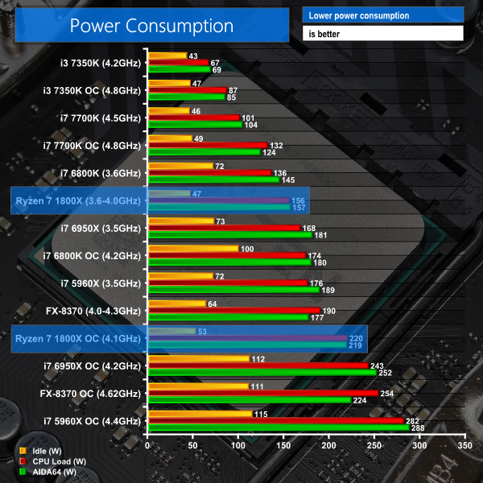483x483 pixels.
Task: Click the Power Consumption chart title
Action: (x=151, y=26)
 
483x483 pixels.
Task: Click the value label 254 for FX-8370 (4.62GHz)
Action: (x=386, y=393)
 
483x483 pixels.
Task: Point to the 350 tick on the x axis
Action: (x=463, y=444)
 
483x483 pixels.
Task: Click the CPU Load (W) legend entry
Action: (x=53, y=460)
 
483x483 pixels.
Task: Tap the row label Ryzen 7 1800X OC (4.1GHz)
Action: (x=77, y=338)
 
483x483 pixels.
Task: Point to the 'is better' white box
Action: (x=382, y=34)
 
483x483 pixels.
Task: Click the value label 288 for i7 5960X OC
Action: (x=417, y=427)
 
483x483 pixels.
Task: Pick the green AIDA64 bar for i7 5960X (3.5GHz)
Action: (x=233, y=291)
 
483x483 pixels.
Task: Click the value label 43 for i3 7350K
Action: (x=192, y=56)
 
